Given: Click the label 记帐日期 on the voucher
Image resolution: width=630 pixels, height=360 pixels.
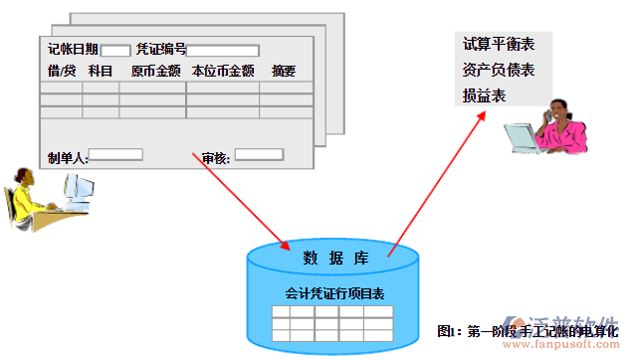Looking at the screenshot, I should coord(73,50).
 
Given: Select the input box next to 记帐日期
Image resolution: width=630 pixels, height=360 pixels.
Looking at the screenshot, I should coord(114,50).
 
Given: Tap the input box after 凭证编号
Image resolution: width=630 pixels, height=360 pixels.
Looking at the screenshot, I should coord(223,50).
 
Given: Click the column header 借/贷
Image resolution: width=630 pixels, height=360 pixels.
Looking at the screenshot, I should coord(61,71).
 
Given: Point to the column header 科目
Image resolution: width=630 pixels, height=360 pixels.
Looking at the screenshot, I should coord(101,71).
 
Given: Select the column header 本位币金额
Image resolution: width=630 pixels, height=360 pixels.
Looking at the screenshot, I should coord(223,71).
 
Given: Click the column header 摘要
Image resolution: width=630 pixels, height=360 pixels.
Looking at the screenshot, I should coord(284,71).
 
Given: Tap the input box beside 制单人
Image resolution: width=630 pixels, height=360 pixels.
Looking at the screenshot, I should coord(115,155).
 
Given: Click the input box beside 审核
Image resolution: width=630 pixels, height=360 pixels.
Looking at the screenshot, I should coord(259,154).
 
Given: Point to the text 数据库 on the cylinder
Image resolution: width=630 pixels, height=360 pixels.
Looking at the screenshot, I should coord(336,259).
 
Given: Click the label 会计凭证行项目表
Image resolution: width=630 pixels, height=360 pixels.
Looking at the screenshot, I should coord(335,294).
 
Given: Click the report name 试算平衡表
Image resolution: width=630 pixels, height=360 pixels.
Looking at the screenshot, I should coord(499,45).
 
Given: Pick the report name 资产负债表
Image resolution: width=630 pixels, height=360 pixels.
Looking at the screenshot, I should coord(499,70).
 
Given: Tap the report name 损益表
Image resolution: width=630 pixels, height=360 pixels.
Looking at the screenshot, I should coord(485,95).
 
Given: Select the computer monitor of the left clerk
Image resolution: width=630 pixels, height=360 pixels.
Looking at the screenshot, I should coord(79,189).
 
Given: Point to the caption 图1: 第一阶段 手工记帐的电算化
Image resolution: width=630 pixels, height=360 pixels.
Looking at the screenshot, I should coord(527,329).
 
